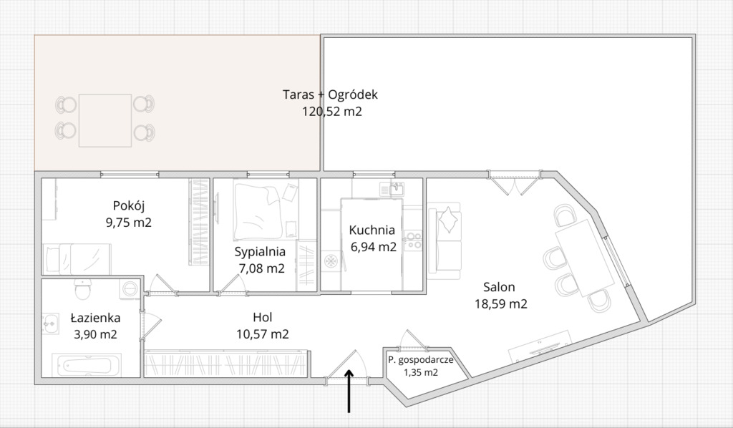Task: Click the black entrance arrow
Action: click(349, 391)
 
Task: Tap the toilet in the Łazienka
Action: click(83, 289)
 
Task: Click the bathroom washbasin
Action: click(50, 324)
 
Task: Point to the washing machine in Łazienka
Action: click(130, 288)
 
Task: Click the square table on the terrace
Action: click(105, 120)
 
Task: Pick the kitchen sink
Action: click(392, 189)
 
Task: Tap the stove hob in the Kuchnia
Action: click(413, 240)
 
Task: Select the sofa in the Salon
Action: click(445, 238)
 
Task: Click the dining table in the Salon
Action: click(584, 258)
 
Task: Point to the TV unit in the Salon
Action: click(540, 346)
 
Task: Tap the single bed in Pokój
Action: click(77, 259)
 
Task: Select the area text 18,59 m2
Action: click(500, 304)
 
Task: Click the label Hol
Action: click(262, 318)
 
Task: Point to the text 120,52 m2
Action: click(332, 112)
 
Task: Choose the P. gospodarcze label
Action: click(420, 360)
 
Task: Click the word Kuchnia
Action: click(372, 230)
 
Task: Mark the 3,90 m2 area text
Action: click(95, 334)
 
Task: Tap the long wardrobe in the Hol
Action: click(226, 363)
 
